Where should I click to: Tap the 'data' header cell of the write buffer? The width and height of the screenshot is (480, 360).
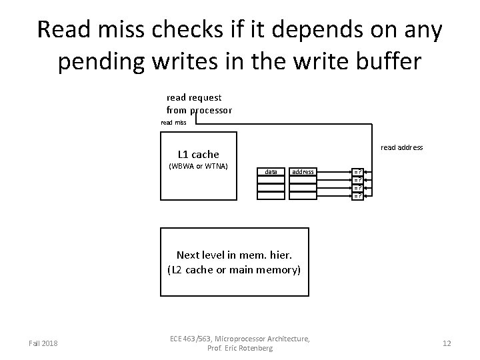pos(271,172)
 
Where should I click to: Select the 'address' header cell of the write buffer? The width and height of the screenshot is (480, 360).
pos(303,172)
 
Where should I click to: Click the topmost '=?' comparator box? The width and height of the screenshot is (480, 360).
pos(358,172)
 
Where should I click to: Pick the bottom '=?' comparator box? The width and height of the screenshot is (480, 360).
pos(358,196)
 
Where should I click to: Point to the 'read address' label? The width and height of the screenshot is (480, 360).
pos(401,147)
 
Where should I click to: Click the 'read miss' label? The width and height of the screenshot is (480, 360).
pos(174,122)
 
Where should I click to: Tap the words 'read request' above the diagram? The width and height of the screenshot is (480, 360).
pos(194,97)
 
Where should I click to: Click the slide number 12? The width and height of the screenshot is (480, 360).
pos(447,343)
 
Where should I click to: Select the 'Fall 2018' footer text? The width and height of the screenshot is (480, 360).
pos(43,343)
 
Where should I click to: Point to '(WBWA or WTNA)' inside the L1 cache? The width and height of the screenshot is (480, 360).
pos(199,166)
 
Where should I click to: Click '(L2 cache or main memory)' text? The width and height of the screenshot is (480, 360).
pos(235,270)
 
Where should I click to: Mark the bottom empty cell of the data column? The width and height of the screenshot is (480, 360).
pos(271,196)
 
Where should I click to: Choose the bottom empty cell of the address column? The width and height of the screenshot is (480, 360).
pos(303,196)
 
